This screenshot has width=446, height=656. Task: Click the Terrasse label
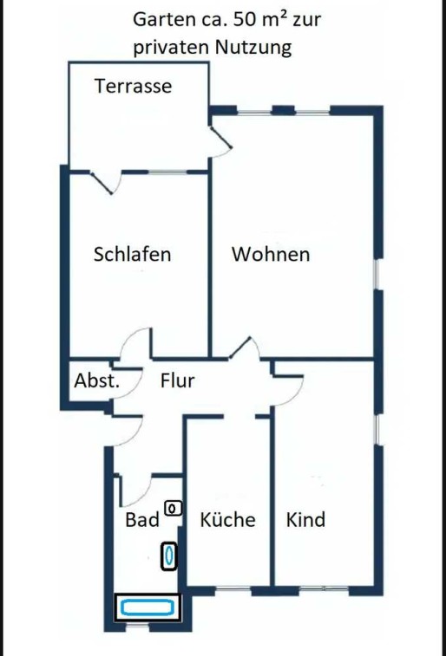133,86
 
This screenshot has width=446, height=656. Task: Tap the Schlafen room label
133,254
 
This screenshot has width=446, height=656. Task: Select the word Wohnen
271,254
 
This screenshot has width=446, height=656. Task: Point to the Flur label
178,380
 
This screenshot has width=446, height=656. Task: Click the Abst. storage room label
96,380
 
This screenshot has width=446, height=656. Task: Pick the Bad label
142,520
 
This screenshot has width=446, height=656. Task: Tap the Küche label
228,519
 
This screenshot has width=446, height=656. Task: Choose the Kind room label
305,520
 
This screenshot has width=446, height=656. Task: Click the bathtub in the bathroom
148,607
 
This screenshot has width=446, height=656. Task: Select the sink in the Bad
168,556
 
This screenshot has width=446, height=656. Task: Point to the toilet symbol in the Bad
173,509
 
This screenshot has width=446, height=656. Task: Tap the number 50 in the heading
244,20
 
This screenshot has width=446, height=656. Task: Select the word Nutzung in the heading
253,47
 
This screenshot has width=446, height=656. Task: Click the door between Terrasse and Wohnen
221,137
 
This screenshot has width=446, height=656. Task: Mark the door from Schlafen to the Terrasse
106,182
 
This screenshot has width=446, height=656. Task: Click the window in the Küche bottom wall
233,590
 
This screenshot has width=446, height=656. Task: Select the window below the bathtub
138,626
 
